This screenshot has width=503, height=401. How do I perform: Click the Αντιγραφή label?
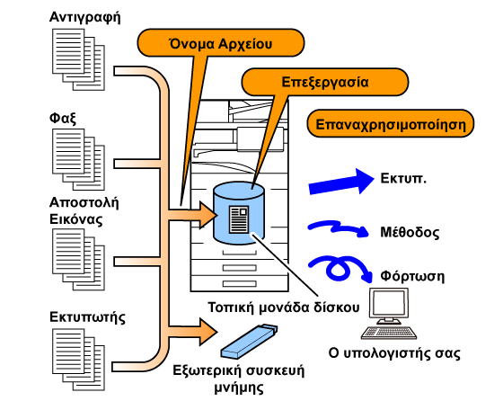point(85,17)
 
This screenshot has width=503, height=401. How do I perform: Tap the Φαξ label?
point(63,118)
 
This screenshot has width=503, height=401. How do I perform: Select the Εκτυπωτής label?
point(87,317)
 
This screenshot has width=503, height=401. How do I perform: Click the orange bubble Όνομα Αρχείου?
point(221,42)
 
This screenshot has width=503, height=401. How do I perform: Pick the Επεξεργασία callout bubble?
point(324,82)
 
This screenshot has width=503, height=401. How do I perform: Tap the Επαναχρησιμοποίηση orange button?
point(391,123)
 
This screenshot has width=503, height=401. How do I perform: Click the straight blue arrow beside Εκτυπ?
point(341,182)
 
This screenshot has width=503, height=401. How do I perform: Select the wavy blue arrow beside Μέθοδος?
point(337,227)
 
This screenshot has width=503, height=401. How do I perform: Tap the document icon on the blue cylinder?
point(239,219)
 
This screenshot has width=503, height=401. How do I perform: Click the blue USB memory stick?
point(250,342)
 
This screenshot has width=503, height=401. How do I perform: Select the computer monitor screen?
point(389,303)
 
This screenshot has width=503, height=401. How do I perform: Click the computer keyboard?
point(389,333)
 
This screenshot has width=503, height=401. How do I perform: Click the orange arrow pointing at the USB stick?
point(193,332)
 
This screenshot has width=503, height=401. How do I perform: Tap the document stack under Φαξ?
point(79,159)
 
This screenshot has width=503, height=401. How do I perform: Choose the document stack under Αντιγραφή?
point(79,59)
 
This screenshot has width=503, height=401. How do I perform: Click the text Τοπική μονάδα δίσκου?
point(284,307)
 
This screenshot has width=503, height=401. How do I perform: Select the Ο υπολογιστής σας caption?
point(394,353)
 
